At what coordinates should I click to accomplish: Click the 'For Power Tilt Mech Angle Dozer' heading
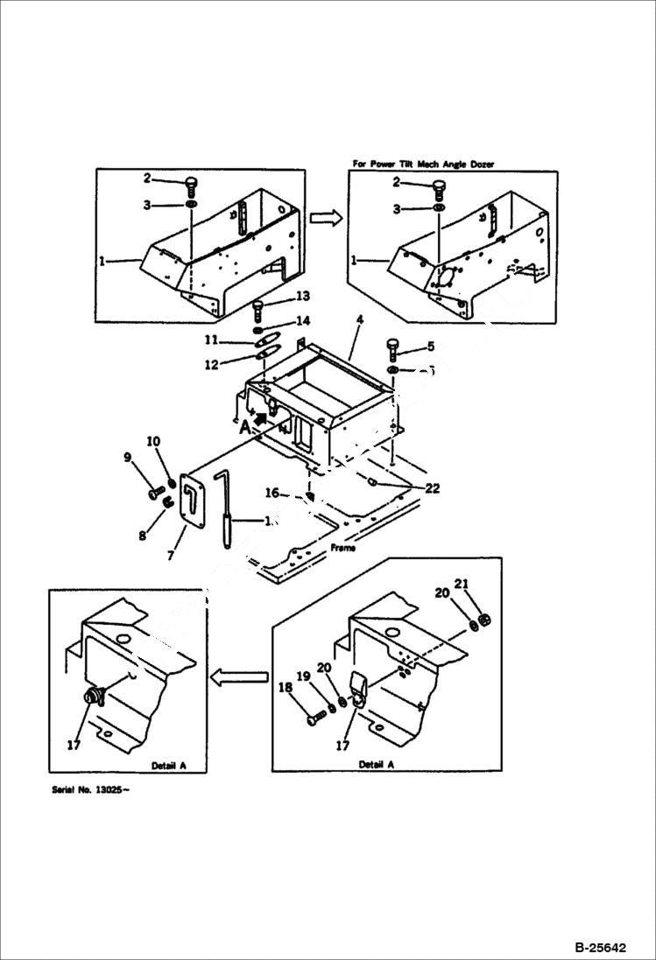coord(428,164)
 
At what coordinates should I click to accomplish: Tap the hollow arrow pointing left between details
coord(239,675)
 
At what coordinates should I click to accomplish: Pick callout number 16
coord(272,494)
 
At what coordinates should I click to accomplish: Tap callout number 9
coord(127,457)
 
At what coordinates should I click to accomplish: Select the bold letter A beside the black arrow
coord(246,427)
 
